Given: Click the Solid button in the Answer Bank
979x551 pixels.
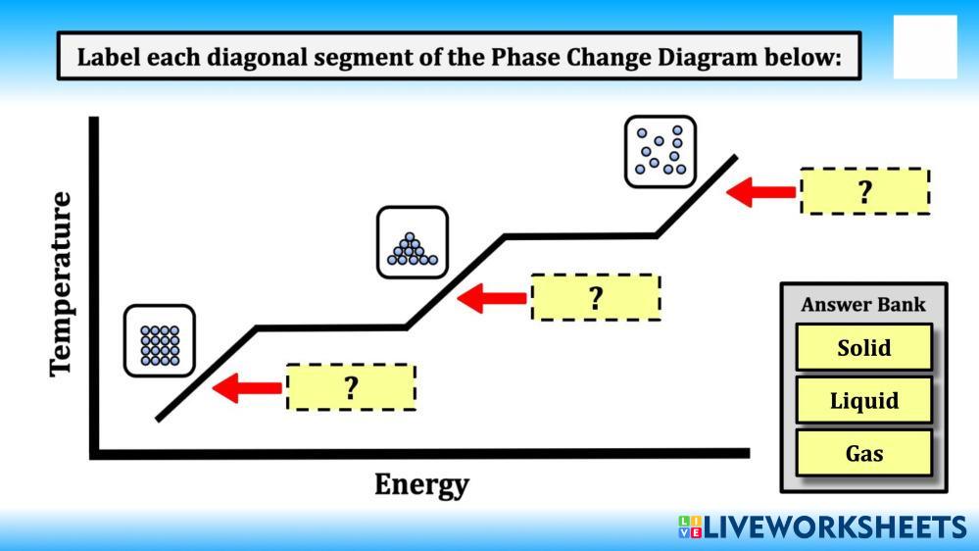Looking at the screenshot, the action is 863,347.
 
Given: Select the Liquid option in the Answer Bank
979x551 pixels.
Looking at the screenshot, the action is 863,400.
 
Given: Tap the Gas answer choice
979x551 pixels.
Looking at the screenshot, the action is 863,453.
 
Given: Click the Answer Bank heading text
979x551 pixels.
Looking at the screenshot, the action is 862,304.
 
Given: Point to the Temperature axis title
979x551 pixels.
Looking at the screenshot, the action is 61,282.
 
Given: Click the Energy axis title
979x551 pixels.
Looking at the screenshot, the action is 421,484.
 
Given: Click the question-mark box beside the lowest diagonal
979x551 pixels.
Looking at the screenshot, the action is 351,387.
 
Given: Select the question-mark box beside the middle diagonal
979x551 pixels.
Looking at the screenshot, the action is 595,297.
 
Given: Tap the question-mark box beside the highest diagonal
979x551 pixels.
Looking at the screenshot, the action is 864,191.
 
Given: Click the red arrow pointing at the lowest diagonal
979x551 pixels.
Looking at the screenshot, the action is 247,388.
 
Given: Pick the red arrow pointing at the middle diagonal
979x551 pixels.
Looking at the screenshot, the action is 492,297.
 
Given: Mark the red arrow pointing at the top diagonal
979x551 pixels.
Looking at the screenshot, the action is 761,191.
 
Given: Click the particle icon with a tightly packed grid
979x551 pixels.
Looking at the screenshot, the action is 160,341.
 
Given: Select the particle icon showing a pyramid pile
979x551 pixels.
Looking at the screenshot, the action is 413,242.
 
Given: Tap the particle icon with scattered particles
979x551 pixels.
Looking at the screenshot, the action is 661,151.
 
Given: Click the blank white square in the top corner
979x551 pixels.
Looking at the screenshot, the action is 924,47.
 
